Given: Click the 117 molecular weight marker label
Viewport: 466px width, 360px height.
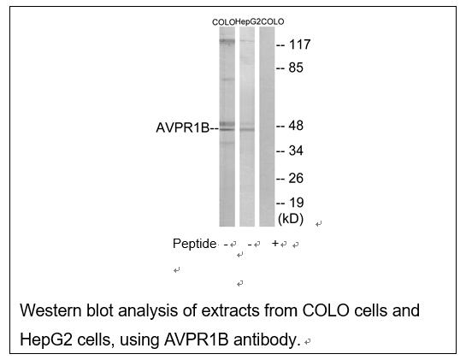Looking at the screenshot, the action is [x=299, y=44].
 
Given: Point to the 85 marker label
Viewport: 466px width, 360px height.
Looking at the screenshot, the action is [x=296, y=68].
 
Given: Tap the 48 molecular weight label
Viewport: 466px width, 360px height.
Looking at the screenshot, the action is [x=296, y=126].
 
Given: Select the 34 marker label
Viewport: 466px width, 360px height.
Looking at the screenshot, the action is [x=296, y=150].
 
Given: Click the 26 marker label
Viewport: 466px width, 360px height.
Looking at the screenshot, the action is [x=296, y=179].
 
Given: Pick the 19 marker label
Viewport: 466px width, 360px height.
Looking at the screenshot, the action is [x=297, y=203].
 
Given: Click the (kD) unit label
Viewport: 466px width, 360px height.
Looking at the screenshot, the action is [x=291, y=219].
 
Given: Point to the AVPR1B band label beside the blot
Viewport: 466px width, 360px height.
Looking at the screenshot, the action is [x=183, y=127].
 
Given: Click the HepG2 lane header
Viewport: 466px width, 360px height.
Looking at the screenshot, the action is [x=248, y=21].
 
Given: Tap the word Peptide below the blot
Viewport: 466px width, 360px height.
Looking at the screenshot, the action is [x=194, y=244].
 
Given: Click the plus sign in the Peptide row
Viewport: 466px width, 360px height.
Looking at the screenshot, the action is [x=275, y=244].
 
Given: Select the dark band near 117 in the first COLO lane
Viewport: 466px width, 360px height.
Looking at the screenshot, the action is [x=227, y=41].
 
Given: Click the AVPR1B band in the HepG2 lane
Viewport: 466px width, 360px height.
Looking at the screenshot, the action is [x=247, y=129].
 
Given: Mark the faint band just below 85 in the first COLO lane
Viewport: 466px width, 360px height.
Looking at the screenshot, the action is [x=227, y=80].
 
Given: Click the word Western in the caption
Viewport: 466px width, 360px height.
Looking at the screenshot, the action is [x=50, y=310].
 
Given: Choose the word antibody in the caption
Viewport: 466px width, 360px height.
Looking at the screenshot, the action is [x=265, y=339].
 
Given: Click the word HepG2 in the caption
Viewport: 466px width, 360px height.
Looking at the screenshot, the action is [x=46, y=339].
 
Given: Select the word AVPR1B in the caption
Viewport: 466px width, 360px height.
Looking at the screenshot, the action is [x=196, y=339].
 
